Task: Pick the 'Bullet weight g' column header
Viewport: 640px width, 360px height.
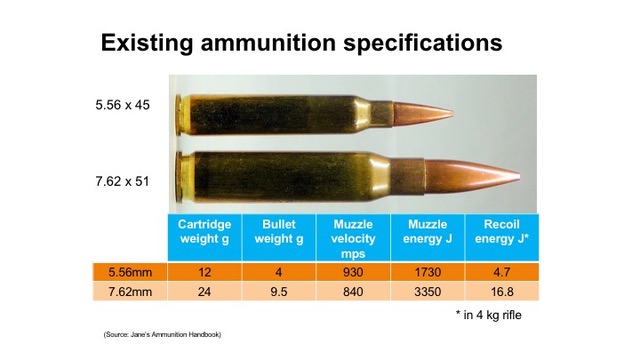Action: tap(278, 233)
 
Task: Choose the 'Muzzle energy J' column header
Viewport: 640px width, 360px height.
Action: tap(427, 233)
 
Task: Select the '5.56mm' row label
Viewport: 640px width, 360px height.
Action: tap(127, 271)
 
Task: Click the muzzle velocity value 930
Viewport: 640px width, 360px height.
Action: tap(352, 271)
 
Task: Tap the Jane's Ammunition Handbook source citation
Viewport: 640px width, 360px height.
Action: tap(161, 334)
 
